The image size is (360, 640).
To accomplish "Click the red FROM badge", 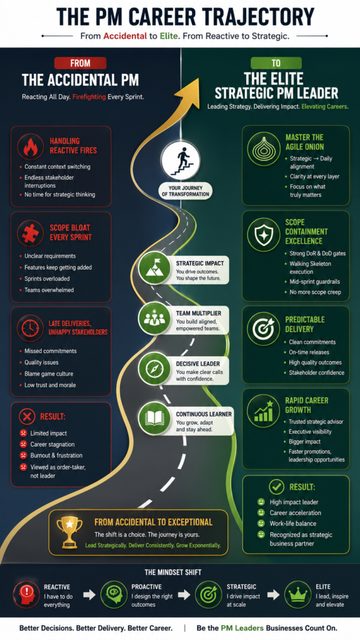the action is pos(81,63).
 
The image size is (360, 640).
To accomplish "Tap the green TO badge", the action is pos(276,63).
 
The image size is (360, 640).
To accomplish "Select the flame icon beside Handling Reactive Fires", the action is pos(31,147).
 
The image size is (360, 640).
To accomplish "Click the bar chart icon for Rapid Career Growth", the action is pos(263,411).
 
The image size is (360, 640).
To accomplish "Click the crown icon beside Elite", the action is pos(297,595).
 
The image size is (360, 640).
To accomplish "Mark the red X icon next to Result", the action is pos(27,417).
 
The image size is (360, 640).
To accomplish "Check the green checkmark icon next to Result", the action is pos(276,487).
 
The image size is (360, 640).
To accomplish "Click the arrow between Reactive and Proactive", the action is pos(89,595).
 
